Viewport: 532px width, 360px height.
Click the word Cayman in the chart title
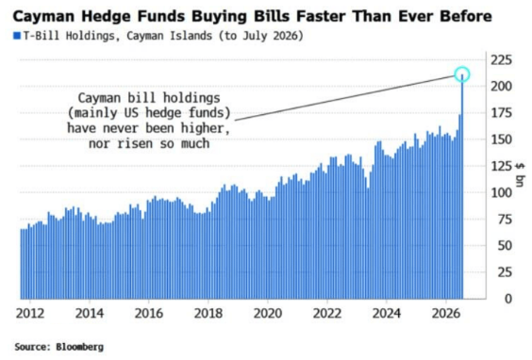click(43, 16)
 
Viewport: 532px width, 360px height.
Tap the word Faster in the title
click(321, 16)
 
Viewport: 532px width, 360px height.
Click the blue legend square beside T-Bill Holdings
click(17, 36)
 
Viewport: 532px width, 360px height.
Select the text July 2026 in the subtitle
click(271, 36)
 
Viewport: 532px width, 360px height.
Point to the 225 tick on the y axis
click(501, 60)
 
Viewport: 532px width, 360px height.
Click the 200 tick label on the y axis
click(501, 87)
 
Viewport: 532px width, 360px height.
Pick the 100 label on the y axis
click(501, 193)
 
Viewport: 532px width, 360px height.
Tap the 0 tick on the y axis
click(507, 299)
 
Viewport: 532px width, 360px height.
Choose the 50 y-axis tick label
click(505, 246)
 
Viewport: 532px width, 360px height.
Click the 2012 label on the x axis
click(30, 314)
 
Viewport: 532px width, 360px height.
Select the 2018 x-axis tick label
click(208, 314)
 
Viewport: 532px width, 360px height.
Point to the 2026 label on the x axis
click(446, 314)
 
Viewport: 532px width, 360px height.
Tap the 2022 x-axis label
click(327, 314)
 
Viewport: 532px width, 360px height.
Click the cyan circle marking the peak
click(462, 67)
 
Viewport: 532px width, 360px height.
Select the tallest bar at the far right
click(462, 187)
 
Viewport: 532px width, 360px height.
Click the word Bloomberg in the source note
click(80, 347)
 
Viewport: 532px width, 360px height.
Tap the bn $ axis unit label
click(520, 174)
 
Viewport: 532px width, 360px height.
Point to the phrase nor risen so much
click(149, 144)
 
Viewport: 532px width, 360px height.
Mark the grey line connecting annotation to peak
click(345, 97)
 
